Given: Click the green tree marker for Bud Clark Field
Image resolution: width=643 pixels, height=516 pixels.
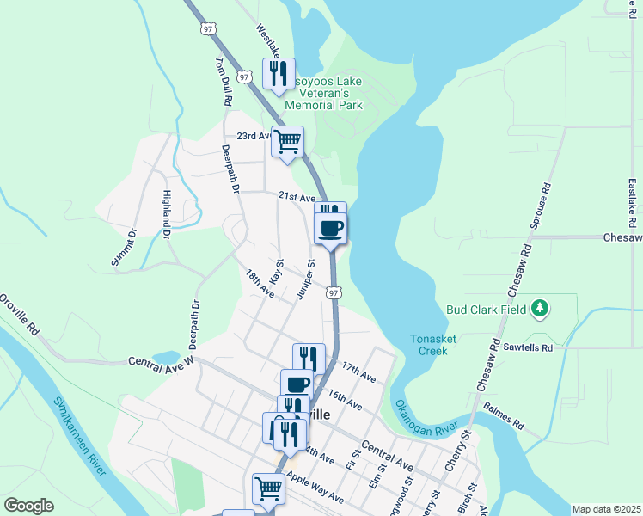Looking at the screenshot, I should tap(540, 308).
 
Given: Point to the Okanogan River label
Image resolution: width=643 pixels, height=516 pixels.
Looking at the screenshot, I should tap(426, 417).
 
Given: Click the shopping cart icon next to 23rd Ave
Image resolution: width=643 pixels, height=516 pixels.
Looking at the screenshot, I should tap(287, 140).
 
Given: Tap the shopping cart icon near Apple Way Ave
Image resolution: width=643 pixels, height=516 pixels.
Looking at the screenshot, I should tap(268, 488).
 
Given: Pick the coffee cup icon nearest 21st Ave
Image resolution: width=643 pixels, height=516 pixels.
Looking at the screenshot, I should tap(331, 228).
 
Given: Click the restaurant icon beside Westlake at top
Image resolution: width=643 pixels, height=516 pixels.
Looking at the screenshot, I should tap(278, 74).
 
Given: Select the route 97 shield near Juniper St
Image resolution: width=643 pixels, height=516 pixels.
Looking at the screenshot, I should tap(334, 293).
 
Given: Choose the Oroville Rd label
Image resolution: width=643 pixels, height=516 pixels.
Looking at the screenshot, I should tap(20, 315).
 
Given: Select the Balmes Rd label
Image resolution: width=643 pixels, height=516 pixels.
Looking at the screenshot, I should tap(503, 415).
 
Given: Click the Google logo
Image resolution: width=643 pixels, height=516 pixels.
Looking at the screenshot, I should tap(28, 506).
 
